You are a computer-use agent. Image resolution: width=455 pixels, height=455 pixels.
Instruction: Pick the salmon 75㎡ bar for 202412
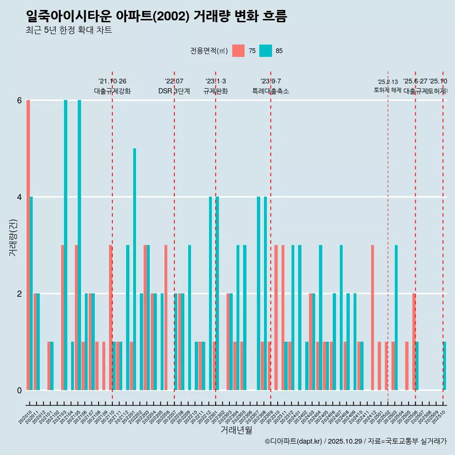coord(373,318)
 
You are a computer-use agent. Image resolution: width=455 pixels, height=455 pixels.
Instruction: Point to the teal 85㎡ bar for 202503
coord(396,318)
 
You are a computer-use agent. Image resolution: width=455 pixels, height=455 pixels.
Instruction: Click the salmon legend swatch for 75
coord(238,51)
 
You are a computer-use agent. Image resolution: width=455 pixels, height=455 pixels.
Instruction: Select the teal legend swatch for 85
coord(265,51)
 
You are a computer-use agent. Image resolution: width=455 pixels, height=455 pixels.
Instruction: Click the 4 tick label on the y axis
coord(19,197)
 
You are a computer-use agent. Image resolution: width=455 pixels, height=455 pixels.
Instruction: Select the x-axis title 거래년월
coord(236,430)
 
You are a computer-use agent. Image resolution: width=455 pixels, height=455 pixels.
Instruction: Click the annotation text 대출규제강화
coord(112,91)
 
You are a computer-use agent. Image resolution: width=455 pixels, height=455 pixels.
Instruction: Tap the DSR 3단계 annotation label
coord(174,91)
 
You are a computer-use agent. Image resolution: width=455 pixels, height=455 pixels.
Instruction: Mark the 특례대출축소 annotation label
coord(271,91)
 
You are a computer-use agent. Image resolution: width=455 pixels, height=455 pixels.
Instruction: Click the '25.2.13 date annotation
coord(388,82)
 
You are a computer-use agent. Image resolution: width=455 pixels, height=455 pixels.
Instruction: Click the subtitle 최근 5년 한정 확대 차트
coord(69,30)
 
